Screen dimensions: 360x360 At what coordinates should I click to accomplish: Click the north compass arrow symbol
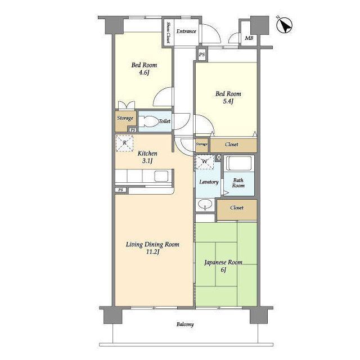[x=285, y=25]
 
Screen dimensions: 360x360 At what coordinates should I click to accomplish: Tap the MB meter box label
[x=249, y=38]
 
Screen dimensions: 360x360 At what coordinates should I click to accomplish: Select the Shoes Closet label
[x=168, y=33]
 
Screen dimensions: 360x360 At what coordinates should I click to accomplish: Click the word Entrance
[x=186, y=31]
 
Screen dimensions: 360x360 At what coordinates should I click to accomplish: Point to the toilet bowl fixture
[x=149, y=121]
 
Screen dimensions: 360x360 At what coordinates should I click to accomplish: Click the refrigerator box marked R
[x=124, y=143]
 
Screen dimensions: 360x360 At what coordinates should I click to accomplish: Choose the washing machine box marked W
[x=205, y=161]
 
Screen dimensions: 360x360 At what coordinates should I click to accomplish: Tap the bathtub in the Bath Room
[x=239, y=163]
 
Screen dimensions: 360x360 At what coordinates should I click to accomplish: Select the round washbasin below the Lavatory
[x=205, y=204]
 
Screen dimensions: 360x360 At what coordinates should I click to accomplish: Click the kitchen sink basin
[x=161, y=176]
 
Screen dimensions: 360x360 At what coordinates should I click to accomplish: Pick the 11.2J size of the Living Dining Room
[x=152, y=252]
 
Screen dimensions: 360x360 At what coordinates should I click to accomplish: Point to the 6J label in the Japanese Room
[x=223, y=270]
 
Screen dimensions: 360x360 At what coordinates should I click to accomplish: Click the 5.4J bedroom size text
[x=228, y=101]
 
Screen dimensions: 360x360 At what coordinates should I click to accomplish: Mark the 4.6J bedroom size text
[x=144, y=73]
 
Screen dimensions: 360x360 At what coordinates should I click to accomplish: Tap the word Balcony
[x=185, y=325]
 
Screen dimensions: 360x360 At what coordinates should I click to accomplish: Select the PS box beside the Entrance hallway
[x=202, y=55]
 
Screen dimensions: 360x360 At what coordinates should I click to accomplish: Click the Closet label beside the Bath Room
[x=237, y=208]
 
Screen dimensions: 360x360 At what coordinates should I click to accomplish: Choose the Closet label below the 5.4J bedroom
[x=231, y=145]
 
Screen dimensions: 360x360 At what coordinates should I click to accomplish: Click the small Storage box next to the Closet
[x=202, y=145]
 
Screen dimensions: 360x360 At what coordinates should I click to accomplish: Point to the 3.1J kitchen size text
[x=147, y=161]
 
